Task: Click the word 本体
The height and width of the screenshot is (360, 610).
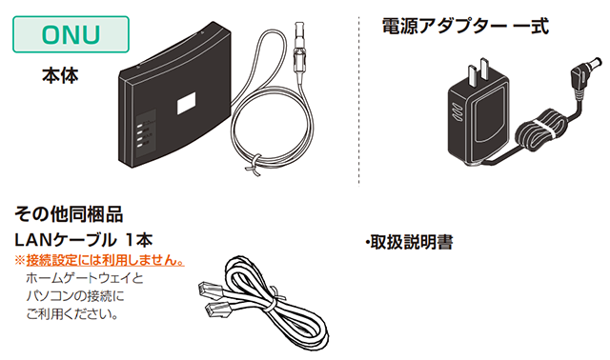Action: [x=60, y=74]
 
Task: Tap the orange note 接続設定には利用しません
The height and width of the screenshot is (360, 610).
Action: [x=99, y=259]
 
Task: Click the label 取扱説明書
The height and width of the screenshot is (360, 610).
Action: [x=409, y=243]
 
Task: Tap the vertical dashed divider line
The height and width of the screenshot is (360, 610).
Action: [x=360, y=95]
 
